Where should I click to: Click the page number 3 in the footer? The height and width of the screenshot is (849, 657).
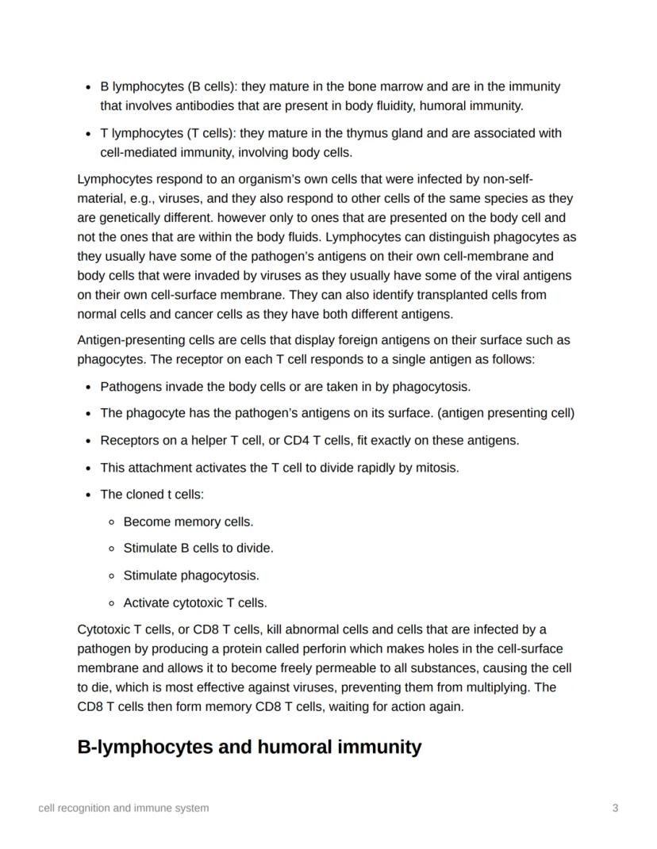coord(615,808)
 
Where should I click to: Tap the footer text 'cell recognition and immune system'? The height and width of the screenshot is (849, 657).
coord(124,808)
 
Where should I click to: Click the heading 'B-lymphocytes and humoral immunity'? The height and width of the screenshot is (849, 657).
coord(249,747)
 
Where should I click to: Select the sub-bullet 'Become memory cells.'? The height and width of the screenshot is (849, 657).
coord(188,522)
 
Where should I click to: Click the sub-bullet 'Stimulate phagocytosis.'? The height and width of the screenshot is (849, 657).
coord(191,575)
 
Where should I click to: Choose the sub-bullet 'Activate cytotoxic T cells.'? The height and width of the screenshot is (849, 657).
coord(195,602)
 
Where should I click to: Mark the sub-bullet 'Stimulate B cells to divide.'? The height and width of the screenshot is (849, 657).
coord(198,548)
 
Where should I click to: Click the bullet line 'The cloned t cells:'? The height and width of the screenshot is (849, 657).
coord(152,494)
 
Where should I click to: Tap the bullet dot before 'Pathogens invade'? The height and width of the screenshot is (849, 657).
coord(87,387)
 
